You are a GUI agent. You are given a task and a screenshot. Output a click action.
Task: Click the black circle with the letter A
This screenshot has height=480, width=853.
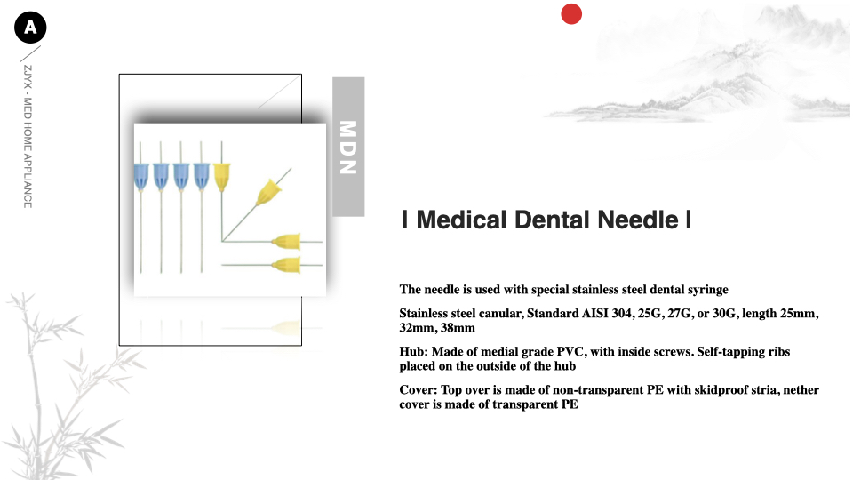[30, 28]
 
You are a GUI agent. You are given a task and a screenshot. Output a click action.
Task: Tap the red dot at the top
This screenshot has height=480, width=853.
[571, 14]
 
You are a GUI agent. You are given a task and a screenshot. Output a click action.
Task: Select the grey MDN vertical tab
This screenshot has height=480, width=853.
[348, 147]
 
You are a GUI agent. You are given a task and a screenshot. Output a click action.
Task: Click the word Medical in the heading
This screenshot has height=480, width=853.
[461, 220]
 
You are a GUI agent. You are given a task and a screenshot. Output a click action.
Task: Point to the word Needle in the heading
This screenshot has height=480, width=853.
[638, 220]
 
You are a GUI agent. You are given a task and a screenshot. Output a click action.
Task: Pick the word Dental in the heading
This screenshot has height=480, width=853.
[552, 220]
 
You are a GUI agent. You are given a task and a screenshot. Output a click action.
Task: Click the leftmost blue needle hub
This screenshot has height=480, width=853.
[141, 176]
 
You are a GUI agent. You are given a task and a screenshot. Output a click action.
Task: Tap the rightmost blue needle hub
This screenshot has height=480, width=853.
[202, 176]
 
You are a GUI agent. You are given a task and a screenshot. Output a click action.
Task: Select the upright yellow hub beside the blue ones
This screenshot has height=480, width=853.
[221, 177]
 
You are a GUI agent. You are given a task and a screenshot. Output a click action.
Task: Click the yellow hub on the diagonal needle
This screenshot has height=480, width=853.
[268, 192]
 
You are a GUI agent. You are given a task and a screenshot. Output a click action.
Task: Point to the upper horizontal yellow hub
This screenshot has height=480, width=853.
[287, 241]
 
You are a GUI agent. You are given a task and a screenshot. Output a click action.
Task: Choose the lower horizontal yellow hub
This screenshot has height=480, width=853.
[287, 265]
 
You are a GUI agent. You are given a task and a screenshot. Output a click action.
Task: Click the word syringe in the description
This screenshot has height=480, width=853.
[708, 290]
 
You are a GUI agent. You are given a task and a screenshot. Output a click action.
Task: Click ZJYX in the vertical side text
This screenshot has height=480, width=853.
[28, 77]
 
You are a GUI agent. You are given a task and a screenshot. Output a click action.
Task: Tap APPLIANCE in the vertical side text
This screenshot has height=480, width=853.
[28, 181]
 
